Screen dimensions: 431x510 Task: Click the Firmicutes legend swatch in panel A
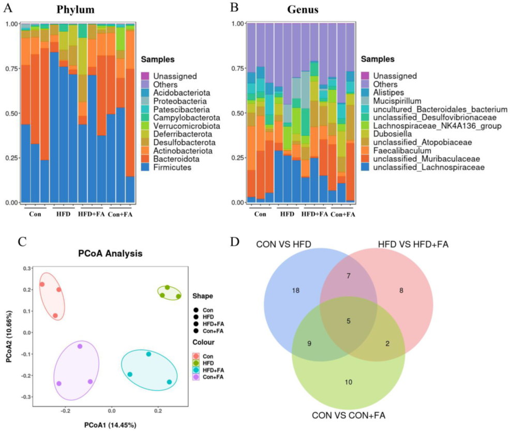click(145, 167)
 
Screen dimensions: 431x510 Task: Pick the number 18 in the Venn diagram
click(295, 291)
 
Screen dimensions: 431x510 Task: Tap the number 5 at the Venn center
click(349, 321)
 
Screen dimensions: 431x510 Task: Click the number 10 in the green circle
click(349, 382)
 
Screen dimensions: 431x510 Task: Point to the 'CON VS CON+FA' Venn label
click(349, 415)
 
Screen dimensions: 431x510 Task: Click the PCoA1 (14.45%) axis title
click(112, 425)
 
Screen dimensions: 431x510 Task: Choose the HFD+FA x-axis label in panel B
click(314, 214)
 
